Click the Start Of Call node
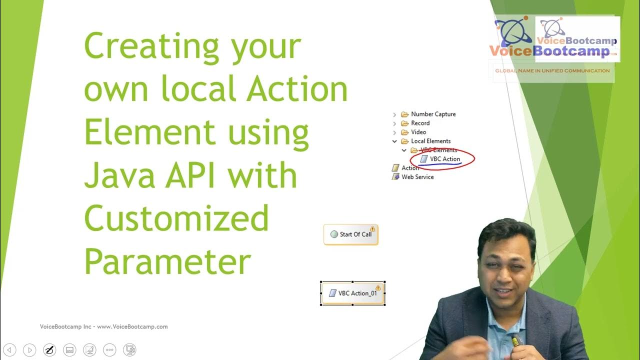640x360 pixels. [351, 234]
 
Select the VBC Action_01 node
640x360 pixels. [352, 293]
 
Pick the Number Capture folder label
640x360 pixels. [433, 114]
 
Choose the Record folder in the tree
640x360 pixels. [420, 123]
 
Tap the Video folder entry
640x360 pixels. [418, 132]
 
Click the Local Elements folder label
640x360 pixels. [430, 141]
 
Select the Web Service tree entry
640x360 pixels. [417, 177]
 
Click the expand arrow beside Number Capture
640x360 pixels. [394, 114]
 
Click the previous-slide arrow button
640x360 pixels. [9, 350]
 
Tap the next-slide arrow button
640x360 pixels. [29, 350]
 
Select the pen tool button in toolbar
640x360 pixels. [49, 350]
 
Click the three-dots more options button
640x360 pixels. [109, 350]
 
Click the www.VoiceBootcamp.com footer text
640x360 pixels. [132, 326]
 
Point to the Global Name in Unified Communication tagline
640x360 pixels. [552, 70]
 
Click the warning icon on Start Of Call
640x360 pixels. [372, 229]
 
